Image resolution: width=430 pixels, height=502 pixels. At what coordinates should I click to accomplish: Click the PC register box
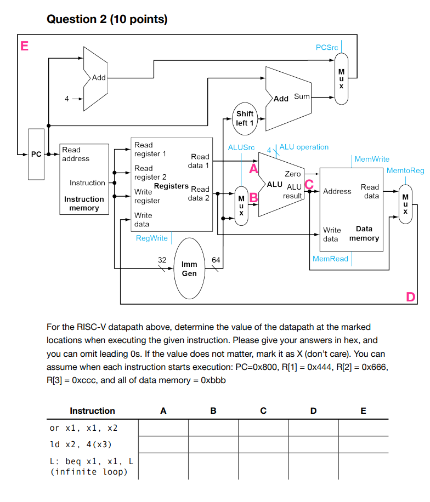(x=36, y=154)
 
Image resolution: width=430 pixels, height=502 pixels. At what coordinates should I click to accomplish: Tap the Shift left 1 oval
(x=245, y=118)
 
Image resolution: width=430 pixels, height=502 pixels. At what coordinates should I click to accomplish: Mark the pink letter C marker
(x=309, y=185)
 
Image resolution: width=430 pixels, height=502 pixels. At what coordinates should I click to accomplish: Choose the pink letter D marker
(x=411, y=297)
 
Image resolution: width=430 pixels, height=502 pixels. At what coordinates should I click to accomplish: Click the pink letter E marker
(x=24, y=45)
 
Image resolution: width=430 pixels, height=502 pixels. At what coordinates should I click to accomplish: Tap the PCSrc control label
(x=327, y=48)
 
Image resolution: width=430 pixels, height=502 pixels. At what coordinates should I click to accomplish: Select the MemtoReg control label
(x=405, y=170)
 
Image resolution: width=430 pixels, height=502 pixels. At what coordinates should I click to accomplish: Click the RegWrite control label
(x=152, y=238)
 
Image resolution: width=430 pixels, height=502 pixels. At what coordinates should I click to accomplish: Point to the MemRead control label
(x=330, y=259)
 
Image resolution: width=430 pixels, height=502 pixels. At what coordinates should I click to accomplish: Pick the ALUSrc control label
(x=241, y=147)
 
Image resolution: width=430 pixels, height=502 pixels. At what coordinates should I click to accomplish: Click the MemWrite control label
(x=372, y=159)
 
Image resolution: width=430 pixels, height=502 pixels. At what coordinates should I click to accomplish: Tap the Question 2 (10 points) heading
(x=107, y=20)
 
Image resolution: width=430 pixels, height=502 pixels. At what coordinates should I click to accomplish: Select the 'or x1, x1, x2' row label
(x=84, y=427)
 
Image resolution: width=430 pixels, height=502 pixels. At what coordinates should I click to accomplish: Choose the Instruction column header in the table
(x=92, y=411)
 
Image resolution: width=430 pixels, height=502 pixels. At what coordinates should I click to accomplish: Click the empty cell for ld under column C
(x=263, y=444)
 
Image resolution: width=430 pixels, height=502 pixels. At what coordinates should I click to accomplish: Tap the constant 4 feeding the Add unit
(x=67, y=99)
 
